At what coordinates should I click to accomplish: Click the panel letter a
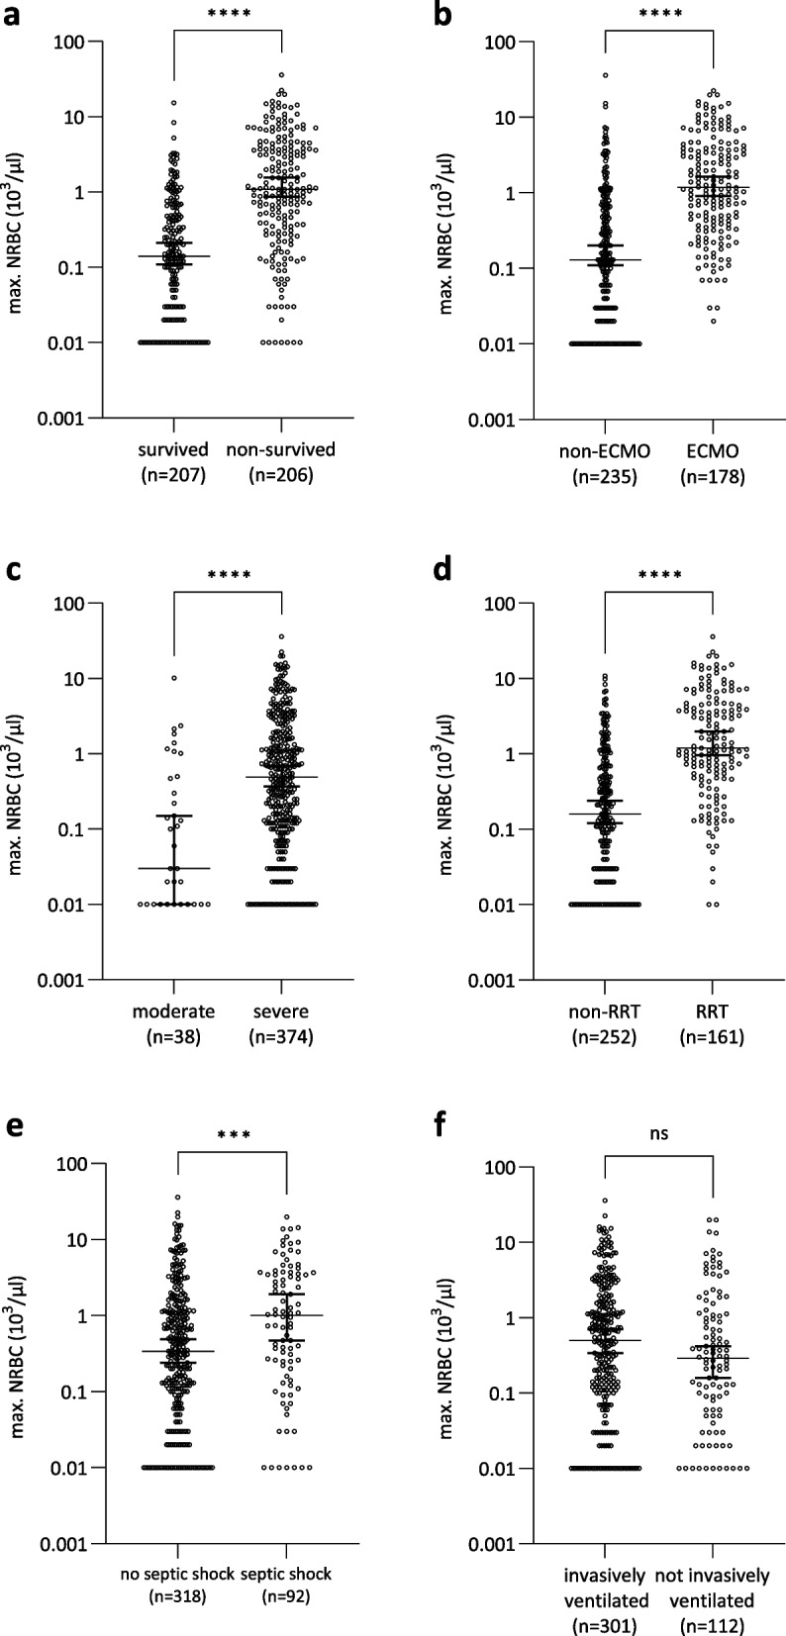(11, 15)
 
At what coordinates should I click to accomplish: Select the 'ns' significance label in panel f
(659, 1133)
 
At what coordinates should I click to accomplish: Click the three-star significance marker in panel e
(234, 1135)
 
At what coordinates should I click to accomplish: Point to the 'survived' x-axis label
(173, 449)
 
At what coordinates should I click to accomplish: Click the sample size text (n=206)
(281, 475)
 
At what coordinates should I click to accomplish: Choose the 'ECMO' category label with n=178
(712, 450)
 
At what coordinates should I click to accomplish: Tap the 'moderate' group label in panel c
(174, 1011)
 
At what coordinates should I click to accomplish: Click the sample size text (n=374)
(281, 1037)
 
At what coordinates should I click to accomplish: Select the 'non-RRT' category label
(605, 1011)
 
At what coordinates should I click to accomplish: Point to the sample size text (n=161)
(712, 1037)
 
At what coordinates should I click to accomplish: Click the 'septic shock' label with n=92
(286, 1574)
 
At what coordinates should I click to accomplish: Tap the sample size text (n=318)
(177, 1596)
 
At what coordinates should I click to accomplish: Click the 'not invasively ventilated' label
(712, 1588)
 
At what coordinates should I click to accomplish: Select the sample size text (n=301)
(606, 1624)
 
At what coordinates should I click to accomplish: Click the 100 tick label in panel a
(68, 43)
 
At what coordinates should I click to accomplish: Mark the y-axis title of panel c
(17, 794)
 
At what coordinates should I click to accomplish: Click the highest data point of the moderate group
(174, 678)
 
